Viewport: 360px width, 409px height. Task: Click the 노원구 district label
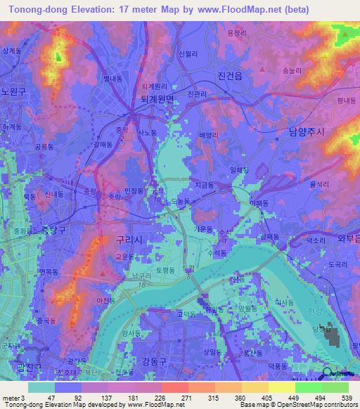pyautogui.click(x=13, y=91)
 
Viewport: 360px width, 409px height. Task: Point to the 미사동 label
pyautogui.click(x=285, y=301)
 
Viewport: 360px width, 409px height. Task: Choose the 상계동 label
pyautogui.click(x=11, y=51)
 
